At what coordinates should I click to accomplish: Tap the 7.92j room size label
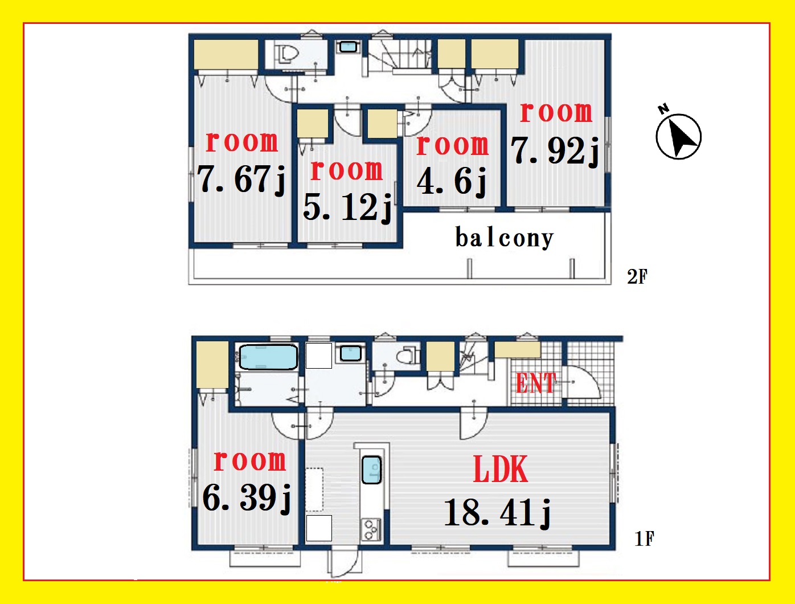(x=555, y=152)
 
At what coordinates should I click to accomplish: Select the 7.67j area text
(x=241, y=180)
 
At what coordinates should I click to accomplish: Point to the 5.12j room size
(x=347, y=207)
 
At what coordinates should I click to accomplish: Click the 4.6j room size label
(x=452, y=182)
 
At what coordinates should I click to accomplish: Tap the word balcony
(x=505, y=238)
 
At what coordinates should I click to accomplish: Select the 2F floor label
(x=637, y=277)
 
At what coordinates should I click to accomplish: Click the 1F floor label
(x=644, y=539)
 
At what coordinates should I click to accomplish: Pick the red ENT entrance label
(x=536, y=382)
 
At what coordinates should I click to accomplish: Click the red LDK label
(x=501, y=469)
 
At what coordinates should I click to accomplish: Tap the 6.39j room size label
(x=247, y=498)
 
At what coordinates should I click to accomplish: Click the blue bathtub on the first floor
(x=268, y=357)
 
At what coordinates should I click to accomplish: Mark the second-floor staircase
(x=400, y=56)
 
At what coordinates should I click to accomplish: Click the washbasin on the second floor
(x=348, y=47)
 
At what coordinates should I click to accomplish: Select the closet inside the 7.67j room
(x=226, y=54)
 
